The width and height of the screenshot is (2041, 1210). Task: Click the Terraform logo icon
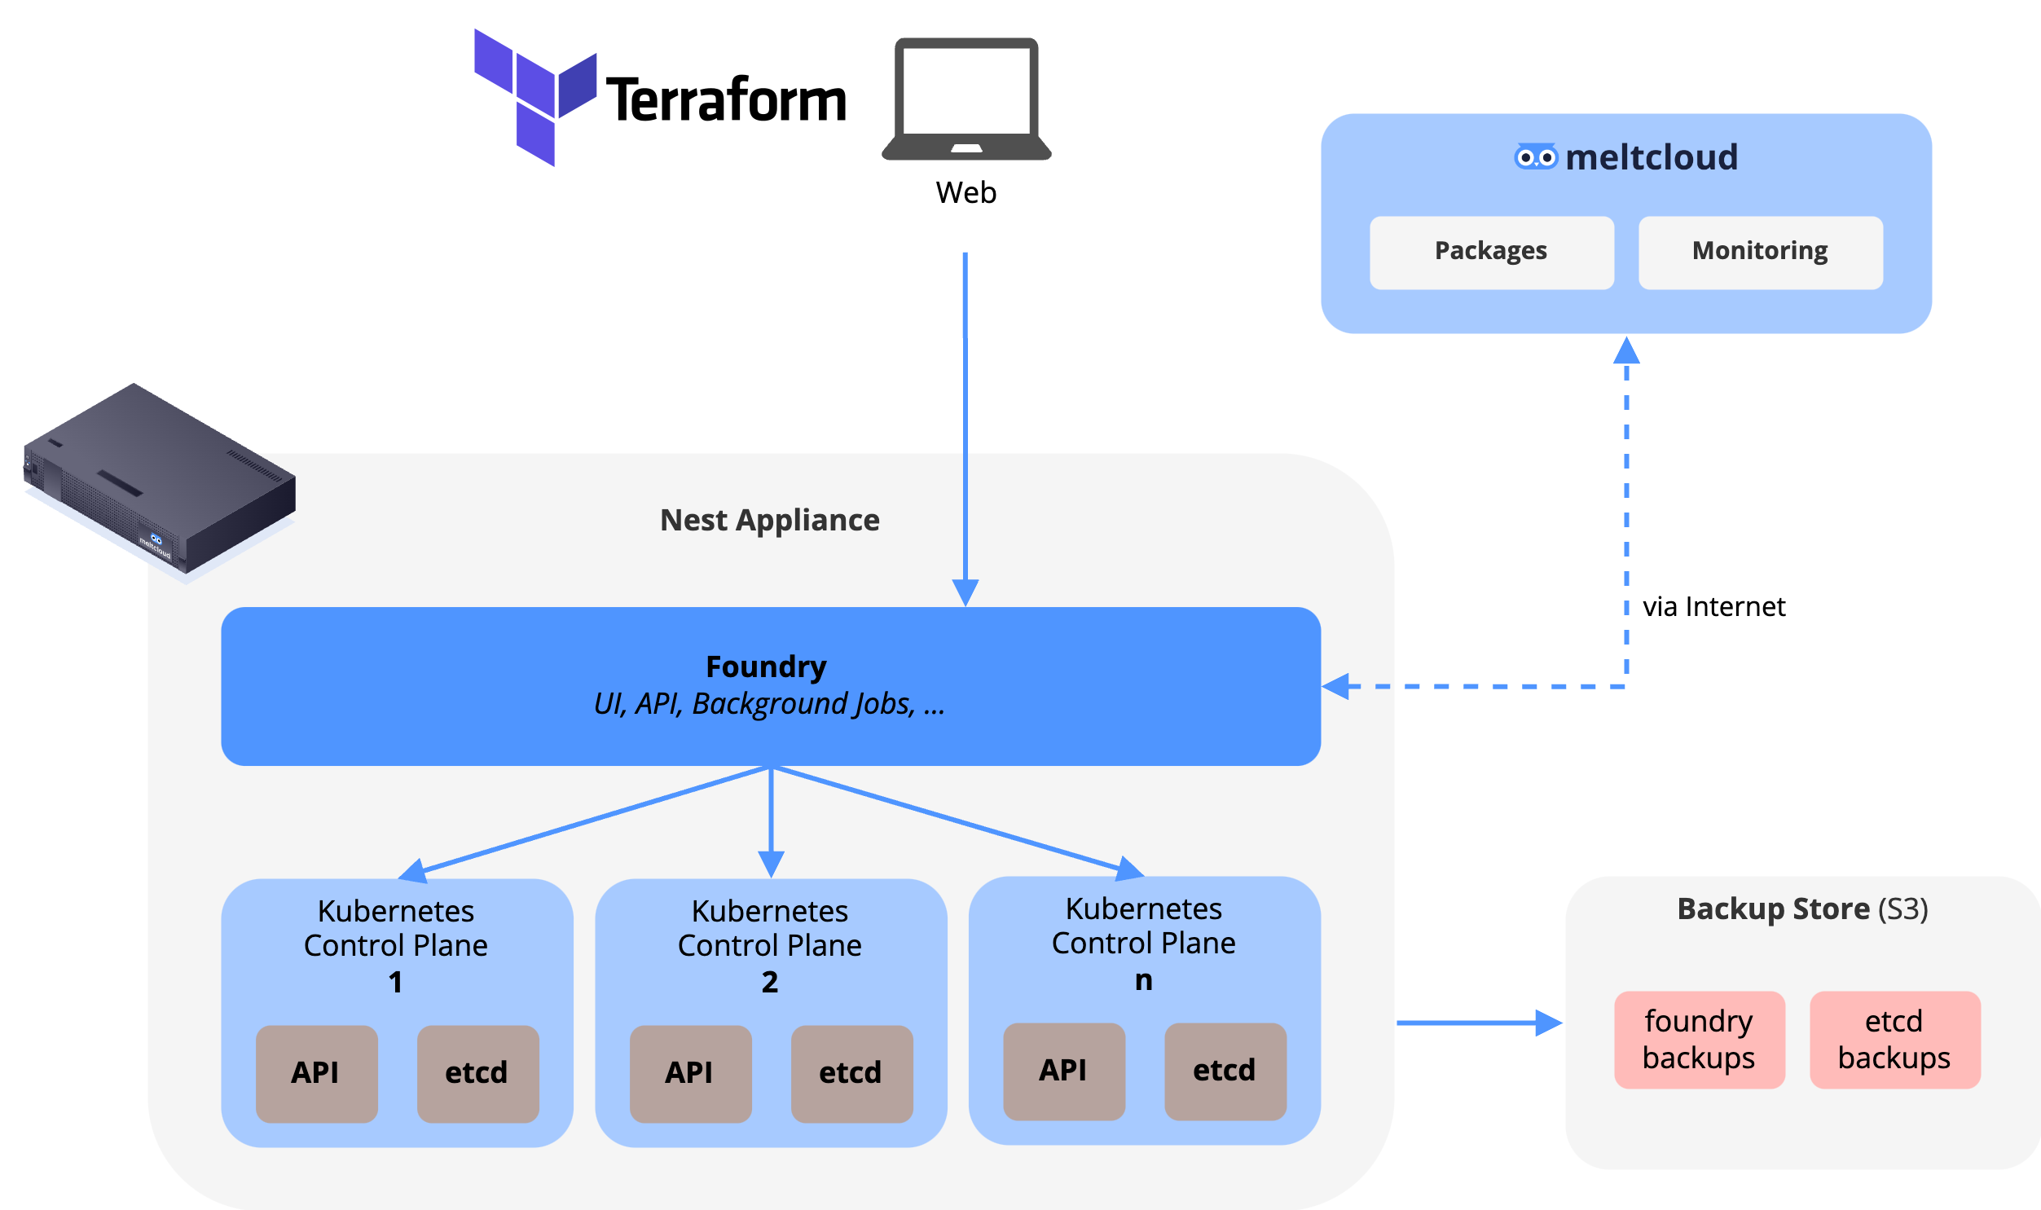tap(534, 96)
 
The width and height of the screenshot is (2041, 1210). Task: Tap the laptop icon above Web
tap(966, 99)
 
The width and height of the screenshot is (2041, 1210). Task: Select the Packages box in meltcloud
tap(1491, 252)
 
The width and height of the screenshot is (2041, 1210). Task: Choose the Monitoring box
tap(1760, 252)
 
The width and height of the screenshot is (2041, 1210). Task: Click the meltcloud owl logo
tap(1536, 156)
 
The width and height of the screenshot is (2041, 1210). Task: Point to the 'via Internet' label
tap(1713, 607)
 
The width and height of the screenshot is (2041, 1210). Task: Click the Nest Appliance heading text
tap(769, 520)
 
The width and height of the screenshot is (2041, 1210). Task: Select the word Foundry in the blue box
tap(765, 667)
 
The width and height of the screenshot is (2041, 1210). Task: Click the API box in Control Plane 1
tap(316, 1073)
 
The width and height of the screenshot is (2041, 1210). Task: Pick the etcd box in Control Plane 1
tap(477, 1073)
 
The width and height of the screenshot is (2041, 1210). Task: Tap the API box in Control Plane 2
tap(690, 1073)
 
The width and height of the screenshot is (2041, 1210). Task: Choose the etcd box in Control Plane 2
tap(851, 1073)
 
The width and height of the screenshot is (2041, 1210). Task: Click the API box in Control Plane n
tap(1064, 1071)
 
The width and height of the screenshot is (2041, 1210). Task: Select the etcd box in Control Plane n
tap(1225, 1071)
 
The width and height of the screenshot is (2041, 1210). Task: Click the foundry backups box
tap(1699, 1039)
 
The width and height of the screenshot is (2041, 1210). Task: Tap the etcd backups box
tap(1894, 1039)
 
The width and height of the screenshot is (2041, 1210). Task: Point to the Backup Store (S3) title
tap(1801, 909)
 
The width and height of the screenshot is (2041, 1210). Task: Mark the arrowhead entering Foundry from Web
tap(965, 592)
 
